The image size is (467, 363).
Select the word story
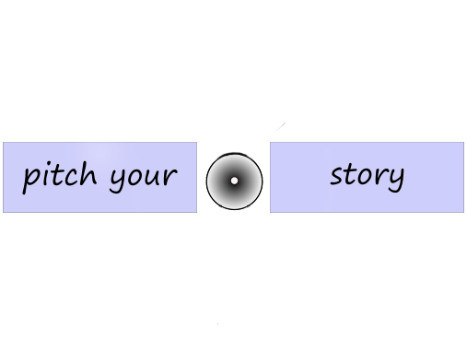[367, 175]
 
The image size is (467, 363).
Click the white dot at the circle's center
[234, 181]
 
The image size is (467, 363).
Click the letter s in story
[337, 176]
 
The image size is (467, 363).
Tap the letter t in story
[351, 173]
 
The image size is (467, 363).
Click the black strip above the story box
[403, 130]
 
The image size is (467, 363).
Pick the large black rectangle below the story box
[403, 271]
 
